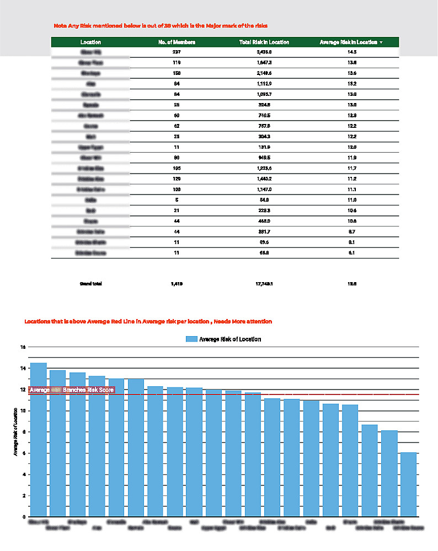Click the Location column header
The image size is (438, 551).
point(90,42)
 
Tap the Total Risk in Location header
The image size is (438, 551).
point(264,42)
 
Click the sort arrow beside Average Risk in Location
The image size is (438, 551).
point(381,42)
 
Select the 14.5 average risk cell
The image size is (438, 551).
point(351,52)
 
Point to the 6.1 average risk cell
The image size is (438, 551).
point(351,253)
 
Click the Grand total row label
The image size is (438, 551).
point(91,284)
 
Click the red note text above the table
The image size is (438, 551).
point(161,26)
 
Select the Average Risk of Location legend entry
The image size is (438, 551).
point(223,339)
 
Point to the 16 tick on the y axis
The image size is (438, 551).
point(23,347)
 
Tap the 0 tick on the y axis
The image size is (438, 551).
point(23,517)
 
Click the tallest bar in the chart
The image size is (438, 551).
point(38,440)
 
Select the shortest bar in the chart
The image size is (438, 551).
point(408,485)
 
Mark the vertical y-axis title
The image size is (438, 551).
point(16,433)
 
